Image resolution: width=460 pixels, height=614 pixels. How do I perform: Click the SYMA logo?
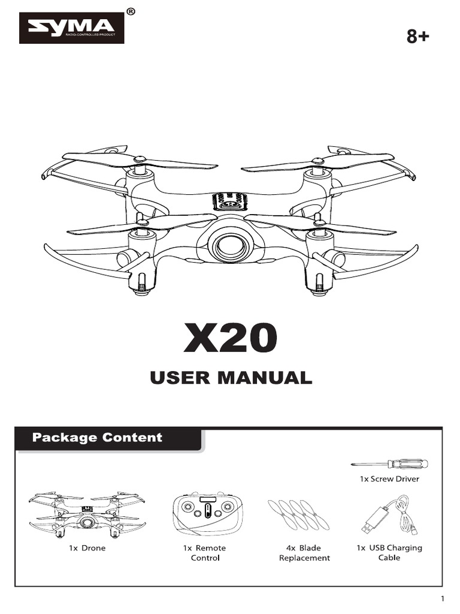click(x=71, y=28)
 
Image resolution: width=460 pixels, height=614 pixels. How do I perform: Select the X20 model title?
click(x=230, y=339)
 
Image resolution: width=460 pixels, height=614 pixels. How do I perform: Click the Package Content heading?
click(x=97, y=437)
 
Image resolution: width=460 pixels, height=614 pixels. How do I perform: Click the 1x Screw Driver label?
click(x=389, y=479)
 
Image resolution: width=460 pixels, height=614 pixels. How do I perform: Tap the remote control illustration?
click(x=204, y=514)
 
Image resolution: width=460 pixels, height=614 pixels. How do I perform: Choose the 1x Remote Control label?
click(x=204, y=553)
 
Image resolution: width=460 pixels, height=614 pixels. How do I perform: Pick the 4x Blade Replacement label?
click(x=304, y=553)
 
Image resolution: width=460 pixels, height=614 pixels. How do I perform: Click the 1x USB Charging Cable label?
click(x=389, y=552)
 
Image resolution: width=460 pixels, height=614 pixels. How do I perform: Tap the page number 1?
click(x=442, y=600)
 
